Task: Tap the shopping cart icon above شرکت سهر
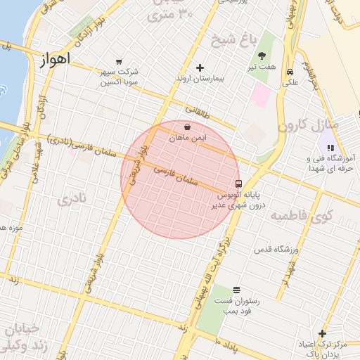[x=119, y=62]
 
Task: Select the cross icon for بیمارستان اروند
[x=200, y=67]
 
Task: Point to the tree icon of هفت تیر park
[x=262, y=56]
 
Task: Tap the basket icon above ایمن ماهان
[x=188, y=127]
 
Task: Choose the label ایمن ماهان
[x=188, y=139]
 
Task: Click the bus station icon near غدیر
[x=240, y=184]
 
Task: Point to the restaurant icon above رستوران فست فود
[x=236, y=290]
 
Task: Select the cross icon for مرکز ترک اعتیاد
[x=322, y=333]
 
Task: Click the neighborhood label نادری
[x=74, y=199]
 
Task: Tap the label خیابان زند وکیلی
[x=25, y=337]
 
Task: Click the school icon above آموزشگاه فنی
[x=330, y=148]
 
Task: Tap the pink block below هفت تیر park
[x=262, y=95]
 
